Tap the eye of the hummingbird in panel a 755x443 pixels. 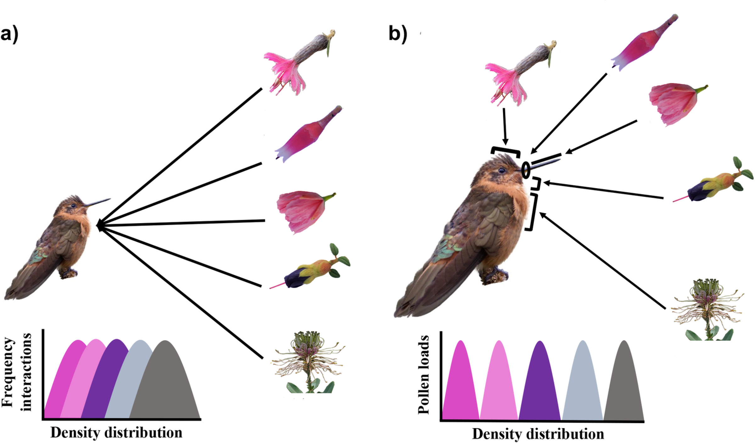[x=73, y=206]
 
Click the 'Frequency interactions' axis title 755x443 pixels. [x=16, y=372]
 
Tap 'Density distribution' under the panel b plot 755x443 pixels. [x=538, y=434]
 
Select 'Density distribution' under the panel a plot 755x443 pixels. [x=116, y=433]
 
